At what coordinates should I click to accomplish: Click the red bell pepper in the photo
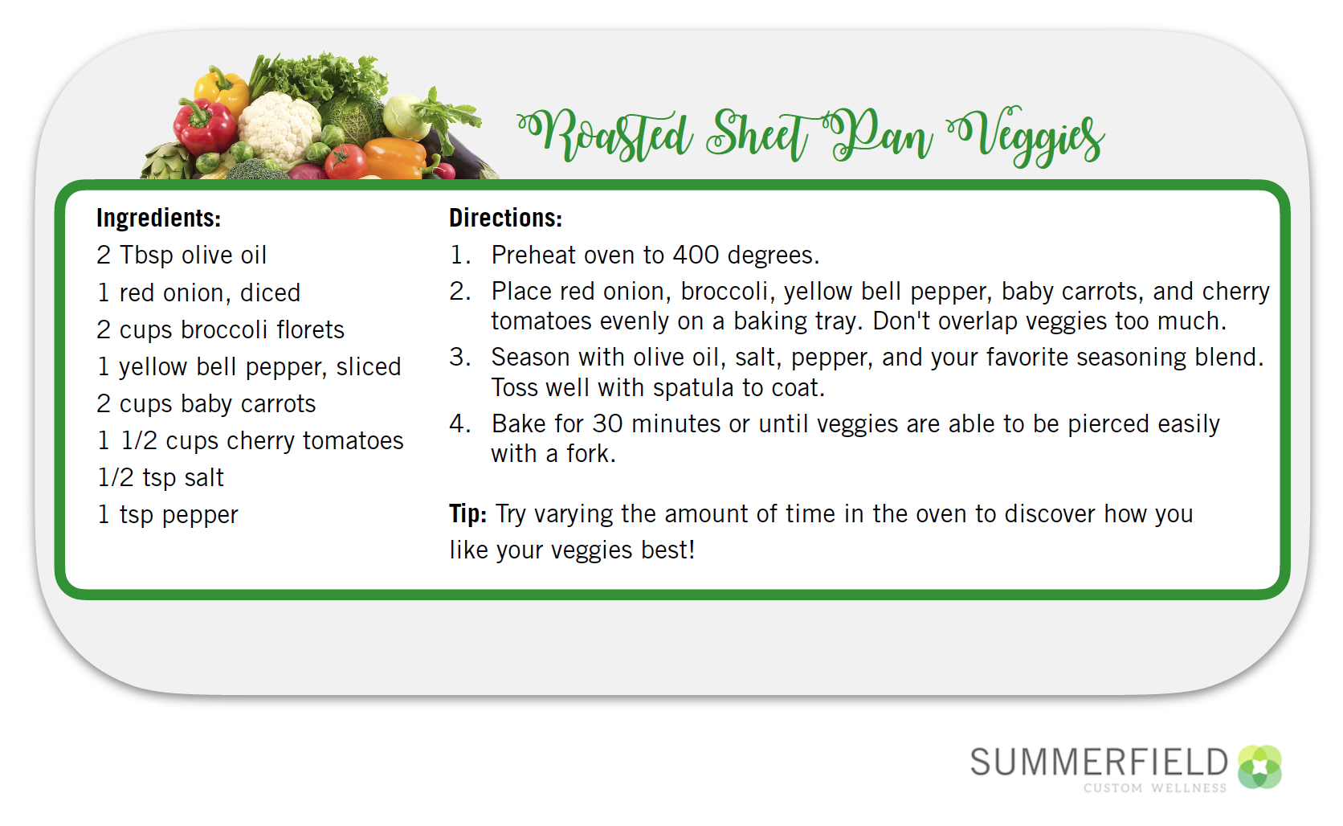[x=204, y=127]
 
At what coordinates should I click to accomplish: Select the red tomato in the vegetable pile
[x=346, y=162]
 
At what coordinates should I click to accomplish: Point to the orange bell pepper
[x=395, y=157]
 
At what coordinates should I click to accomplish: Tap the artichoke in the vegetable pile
[x=167, y=162]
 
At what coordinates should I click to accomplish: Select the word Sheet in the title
[x=757, y=136]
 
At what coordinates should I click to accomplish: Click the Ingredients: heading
[x=159, y=218]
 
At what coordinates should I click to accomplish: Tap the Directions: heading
[x=505, y=218]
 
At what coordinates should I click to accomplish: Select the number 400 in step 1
[x=696, y=255]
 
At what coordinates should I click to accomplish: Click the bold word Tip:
[x=467, y=514]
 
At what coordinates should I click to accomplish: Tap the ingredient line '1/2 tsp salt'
[x=160, y=477]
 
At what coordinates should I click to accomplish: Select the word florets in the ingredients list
[x=310, y=329]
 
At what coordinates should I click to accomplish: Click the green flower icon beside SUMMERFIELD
[x=1259, y=767]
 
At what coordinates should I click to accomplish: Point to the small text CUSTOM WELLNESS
[x=1155, y=788]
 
